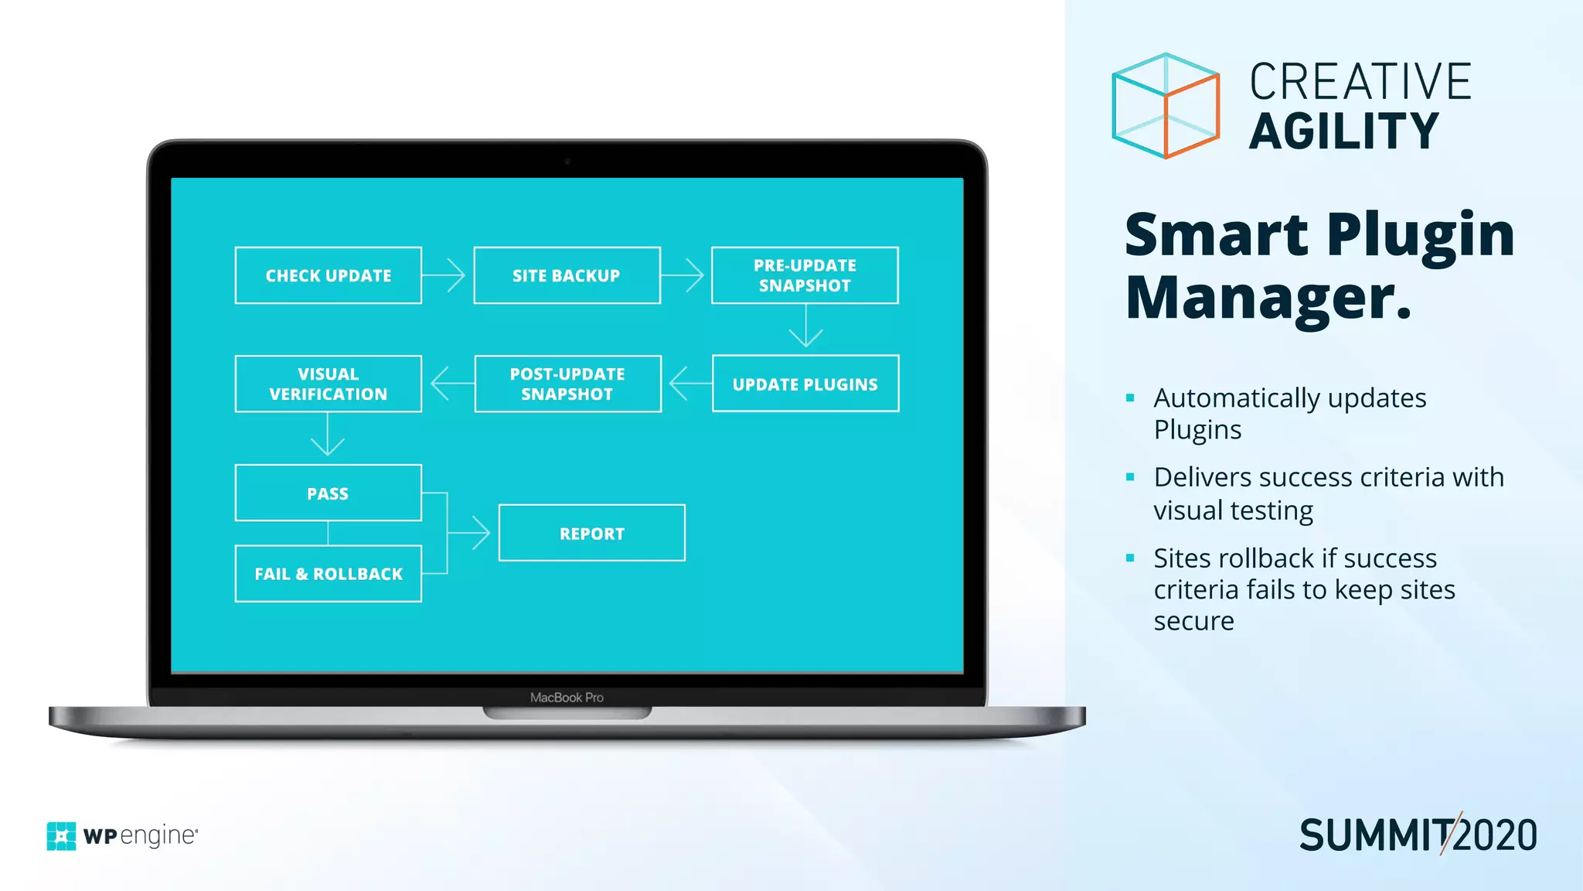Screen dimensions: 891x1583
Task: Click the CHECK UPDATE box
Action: (x=329, y=275)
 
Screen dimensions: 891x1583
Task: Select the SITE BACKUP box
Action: (x=567, y=275)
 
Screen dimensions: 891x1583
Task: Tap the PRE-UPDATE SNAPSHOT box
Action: (x=805, y=275)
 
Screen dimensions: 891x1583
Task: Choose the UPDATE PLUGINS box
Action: (x=805, y=384)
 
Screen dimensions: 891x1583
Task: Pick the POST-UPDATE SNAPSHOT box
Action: (x=567, y=384)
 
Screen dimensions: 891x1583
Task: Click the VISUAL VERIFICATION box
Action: (x=329, y=384)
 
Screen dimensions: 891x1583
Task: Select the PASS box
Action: (x=329, y=493)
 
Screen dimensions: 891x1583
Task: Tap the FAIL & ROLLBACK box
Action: (x=329, y=574)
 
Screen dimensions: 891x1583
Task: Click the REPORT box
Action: (x=592, y=533)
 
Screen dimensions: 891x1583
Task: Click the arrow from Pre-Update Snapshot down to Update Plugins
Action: (x=805, y=326)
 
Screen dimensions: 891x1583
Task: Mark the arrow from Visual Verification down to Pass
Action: (x=328, y=436)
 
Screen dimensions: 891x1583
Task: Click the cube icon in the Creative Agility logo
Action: (x=1166, y=106)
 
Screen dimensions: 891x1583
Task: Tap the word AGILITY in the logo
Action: (x=1344, y=131)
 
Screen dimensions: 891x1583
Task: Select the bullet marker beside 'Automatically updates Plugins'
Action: (x=1130, y=398)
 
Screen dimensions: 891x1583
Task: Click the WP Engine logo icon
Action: (x=61, y=836)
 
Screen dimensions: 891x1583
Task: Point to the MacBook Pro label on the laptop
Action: (x=567, y=698)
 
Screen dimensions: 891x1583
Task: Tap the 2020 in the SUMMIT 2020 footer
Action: (x=1496, y=835)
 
